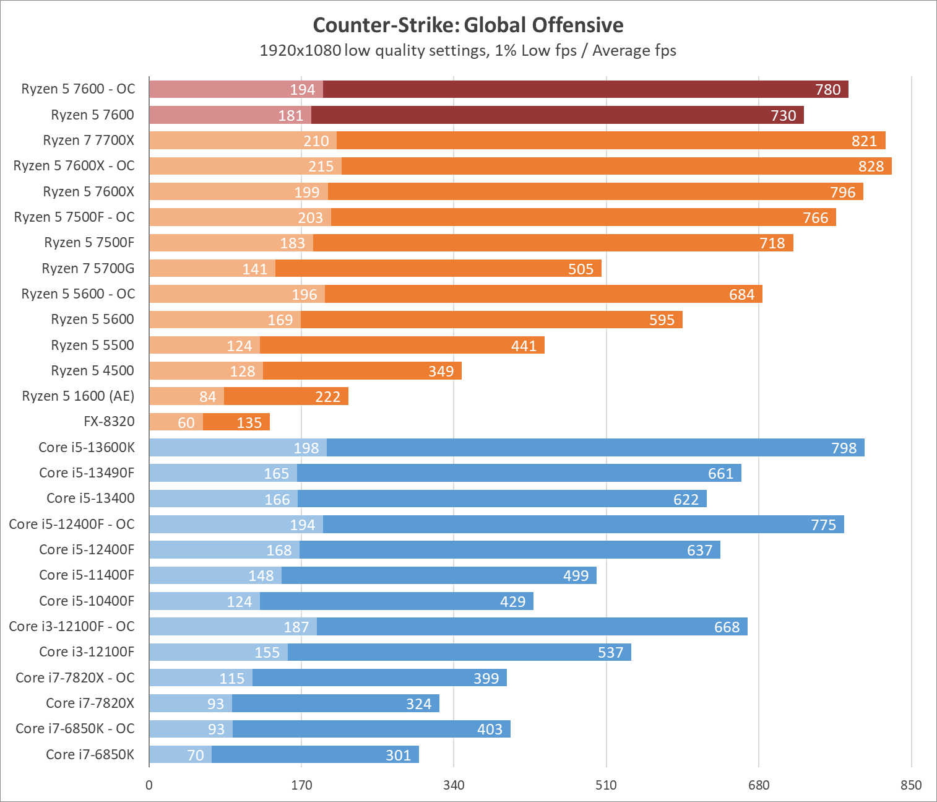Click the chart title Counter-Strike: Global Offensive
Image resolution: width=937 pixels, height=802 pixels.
468,25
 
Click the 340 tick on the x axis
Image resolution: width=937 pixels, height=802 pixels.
454,785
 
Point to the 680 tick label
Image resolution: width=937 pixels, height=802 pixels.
759,785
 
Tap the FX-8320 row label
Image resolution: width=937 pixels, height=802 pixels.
109,422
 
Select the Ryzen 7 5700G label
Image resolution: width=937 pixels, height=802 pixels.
88,268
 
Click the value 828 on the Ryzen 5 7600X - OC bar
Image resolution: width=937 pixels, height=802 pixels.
871,166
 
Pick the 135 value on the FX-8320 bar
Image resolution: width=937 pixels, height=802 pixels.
249,422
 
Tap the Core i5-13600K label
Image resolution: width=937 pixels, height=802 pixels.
86,447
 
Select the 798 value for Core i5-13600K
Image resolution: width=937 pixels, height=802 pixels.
844,448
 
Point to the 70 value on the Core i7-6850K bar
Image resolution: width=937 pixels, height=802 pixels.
196,755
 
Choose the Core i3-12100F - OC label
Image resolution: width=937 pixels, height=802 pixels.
72,626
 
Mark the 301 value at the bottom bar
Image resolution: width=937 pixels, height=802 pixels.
398,755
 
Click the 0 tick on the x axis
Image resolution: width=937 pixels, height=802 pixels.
149,785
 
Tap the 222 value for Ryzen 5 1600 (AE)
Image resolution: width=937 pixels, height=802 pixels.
327,397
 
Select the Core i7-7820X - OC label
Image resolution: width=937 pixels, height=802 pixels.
75,678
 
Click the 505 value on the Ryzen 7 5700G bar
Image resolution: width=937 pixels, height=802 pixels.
581,269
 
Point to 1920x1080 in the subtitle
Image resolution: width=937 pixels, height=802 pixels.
300,50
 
